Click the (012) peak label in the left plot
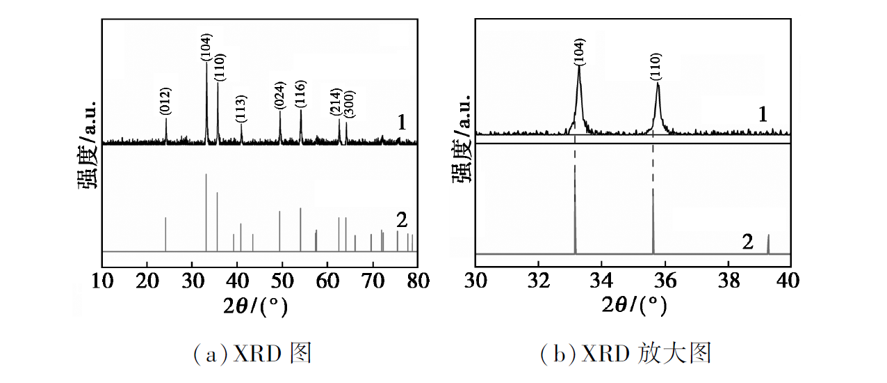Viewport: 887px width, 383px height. pyautogui.click(x=165, y=102)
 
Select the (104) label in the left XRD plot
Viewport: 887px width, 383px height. pyautogui.click(x=206, y=47)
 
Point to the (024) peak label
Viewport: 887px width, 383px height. pyautogui.click(x=279, y=95)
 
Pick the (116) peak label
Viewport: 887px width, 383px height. pyautogui.click(x=300, y=93)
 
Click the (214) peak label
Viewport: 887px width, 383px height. pyautogui.click(x=336, y=102)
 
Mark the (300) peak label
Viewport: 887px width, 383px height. pyautogui.click(x=349, y=104)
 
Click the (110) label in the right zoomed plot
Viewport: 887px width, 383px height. pyautogui.click(x=656, y=67)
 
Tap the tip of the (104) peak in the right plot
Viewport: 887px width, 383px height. pyautogui.click(x=579, y=66)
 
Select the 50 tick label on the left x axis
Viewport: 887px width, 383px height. pyautogui.click(x=282, y=281)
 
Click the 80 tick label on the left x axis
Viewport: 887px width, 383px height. pyautogui.click(x=418, y=281)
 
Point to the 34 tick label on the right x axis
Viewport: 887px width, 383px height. pyautogui.click(x=601, y=281)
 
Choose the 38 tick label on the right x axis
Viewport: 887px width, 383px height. pyautogui.click(x=729, y=281)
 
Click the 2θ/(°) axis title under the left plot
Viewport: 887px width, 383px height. pyautogui.click(x=255, y=306)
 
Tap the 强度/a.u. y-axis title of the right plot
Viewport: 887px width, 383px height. pyautogui.click(x=462, y=139)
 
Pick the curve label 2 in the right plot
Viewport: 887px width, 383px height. pyautogui.click(x=747, y=242)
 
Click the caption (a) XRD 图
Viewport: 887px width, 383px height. pyautogui.click(x=252, y=353)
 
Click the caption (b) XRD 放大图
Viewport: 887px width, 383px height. pyautogui.click(x=626, y=353)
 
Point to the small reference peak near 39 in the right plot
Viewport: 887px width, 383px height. pyautogui.click(x=768, y=244)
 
